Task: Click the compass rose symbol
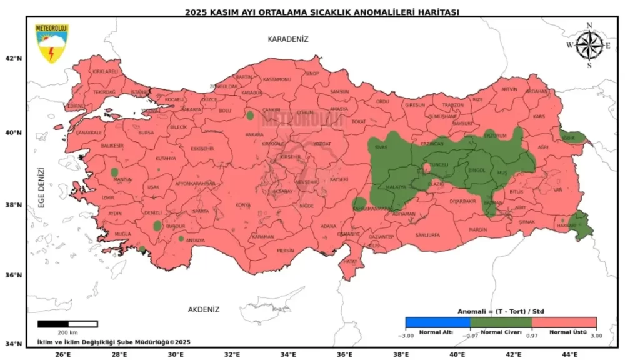click(x=589, y=45)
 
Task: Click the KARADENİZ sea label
click(x=288, y=39)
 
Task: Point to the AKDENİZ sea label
click(x=204, y=309)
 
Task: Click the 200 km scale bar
click(x=67, y=324)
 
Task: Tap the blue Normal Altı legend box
click(x=437, y=322)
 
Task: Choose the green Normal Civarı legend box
click(x=501, y=322)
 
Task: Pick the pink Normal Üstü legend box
click(x=564, y=322)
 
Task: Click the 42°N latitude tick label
click(x=14, y=58)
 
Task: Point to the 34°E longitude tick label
click(x=288, y=354)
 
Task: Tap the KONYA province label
click(x=243, y=205)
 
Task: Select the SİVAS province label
click(x=381, y=147)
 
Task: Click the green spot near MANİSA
click(x=114, y=172)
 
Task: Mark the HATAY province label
click(x=350, y=262)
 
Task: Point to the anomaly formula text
click(x=502, y=311)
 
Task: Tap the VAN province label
click(x=558, y=190)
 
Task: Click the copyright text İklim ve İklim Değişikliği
click(x=112, y=342)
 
